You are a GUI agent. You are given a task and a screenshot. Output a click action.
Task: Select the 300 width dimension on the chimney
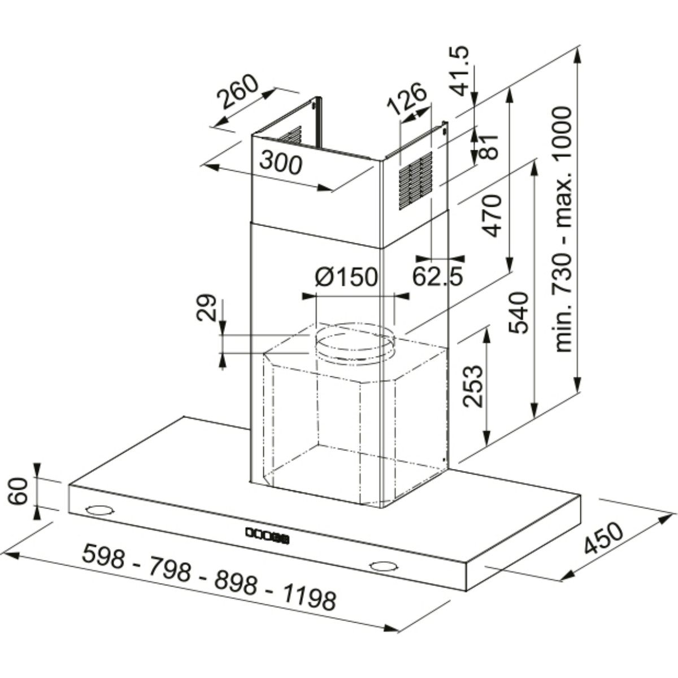[x=281, y=164]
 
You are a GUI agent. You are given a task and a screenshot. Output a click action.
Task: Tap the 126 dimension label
[x=406, y=99]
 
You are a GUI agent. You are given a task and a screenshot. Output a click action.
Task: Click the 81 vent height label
[x=489, y=146]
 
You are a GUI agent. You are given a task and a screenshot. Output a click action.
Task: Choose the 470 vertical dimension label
[x=492, y=215]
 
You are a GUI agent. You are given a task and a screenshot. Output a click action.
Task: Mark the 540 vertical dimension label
[x=519, y=312]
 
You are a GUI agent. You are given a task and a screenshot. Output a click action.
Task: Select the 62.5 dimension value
[x=437, y=276]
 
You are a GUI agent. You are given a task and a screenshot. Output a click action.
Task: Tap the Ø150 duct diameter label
[x=346, y=277]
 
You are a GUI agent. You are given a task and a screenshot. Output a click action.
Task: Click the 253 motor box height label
[x=473, y=386]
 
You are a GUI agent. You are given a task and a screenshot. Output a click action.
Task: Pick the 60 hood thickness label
[x=19, y=491]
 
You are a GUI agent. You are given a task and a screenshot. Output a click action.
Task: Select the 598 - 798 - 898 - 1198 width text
[x=209, y=577]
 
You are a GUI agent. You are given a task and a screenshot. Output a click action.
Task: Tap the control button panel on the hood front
[x=267, y=534]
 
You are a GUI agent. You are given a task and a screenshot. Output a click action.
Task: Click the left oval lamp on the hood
[x=100, y=510]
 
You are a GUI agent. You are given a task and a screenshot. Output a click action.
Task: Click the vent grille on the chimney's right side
[x=415, y=180]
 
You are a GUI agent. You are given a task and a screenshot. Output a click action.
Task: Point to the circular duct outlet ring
[x=354, y=345]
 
